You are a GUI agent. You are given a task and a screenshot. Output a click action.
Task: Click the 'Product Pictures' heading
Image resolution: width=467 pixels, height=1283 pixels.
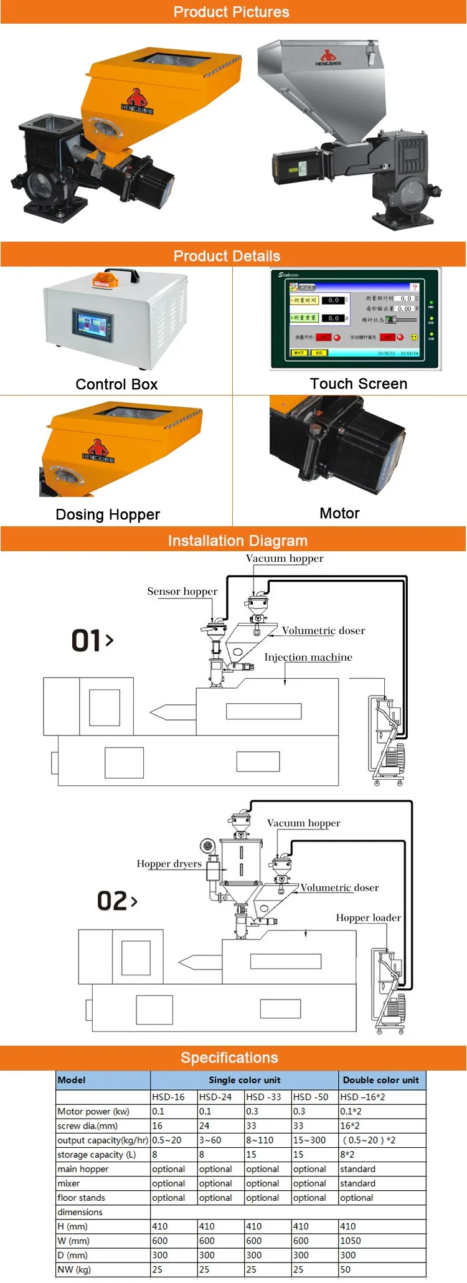tap(231, 12)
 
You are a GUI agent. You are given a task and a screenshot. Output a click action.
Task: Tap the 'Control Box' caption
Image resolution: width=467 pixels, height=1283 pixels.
tap(116, 384)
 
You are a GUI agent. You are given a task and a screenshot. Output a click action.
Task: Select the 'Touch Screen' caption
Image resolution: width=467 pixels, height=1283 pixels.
tap(359, 384)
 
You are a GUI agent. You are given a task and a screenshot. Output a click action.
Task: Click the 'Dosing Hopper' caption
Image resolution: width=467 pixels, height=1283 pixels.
tap(108, 514)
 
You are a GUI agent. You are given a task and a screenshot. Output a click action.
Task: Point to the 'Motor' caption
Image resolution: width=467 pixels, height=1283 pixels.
tap(339, 513)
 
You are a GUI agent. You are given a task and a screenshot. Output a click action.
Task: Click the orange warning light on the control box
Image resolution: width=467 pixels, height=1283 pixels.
tap(105, 281)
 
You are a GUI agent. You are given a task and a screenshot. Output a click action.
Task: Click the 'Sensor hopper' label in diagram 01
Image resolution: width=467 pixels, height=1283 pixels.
tap(182, 592)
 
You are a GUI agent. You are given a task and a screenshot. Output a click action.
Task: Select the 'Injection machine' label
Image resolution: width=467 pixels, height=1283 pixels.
tap(308, 657)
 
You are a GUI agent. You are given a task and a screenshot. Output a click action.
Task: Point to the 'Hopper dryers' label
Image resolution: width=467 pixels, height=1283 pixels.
tap(169, 864)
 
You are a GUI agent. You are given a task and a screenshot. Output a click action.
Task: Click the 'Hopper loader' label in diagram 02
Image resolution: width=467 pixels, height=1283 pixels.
tap(369, 917)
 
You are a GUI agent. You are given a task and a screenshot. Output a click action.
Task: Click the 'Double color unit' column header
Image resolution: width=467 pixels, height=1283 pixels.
tap(381, 1080)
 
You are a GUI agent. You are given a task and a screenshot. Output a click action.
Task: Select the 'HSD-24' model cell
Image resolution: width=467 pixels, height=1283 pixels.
tap(215, 1097)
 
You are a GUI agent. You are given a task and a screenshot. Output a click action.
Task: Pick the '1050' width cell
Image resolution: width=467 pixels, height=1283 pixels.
tap(351, 1241)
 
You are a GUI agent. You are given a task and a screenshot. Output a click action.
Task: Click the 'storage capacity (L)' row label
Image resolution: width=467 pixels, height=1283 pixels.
tap(97, 1155)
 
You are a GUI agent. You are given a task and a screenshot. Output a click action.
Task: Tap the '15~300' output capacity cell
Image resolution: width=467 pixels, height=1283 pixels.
tap(309, 1140)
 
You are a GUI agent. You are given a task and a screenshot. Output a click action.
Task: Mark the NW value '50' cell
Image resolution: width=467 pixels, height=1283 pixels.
tap(346, 1269)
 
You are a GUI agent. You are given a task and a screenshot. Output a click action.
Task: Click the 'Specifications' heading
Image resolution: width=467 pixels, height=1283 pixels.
tap(229, 1058)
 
